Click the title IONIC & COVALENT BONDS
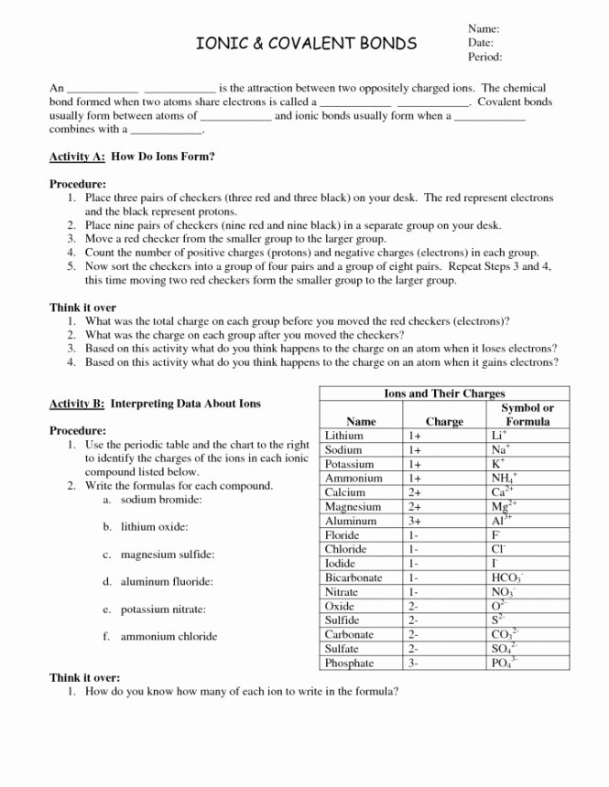click(307, 43)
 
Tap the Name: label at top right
click(484, 28)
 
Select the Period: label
click(485, 57)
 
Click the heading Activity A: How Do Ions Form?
click(132, 156)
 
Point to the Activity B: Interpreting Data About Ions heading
click(155, 403)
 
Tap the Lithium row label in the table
click(344, 437)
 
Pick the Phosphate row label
click(350, 663)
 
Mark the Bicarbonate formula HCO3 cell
click(506, 578)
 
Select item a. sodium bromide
click(152, 501)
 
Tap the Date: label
click(481, 43)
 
